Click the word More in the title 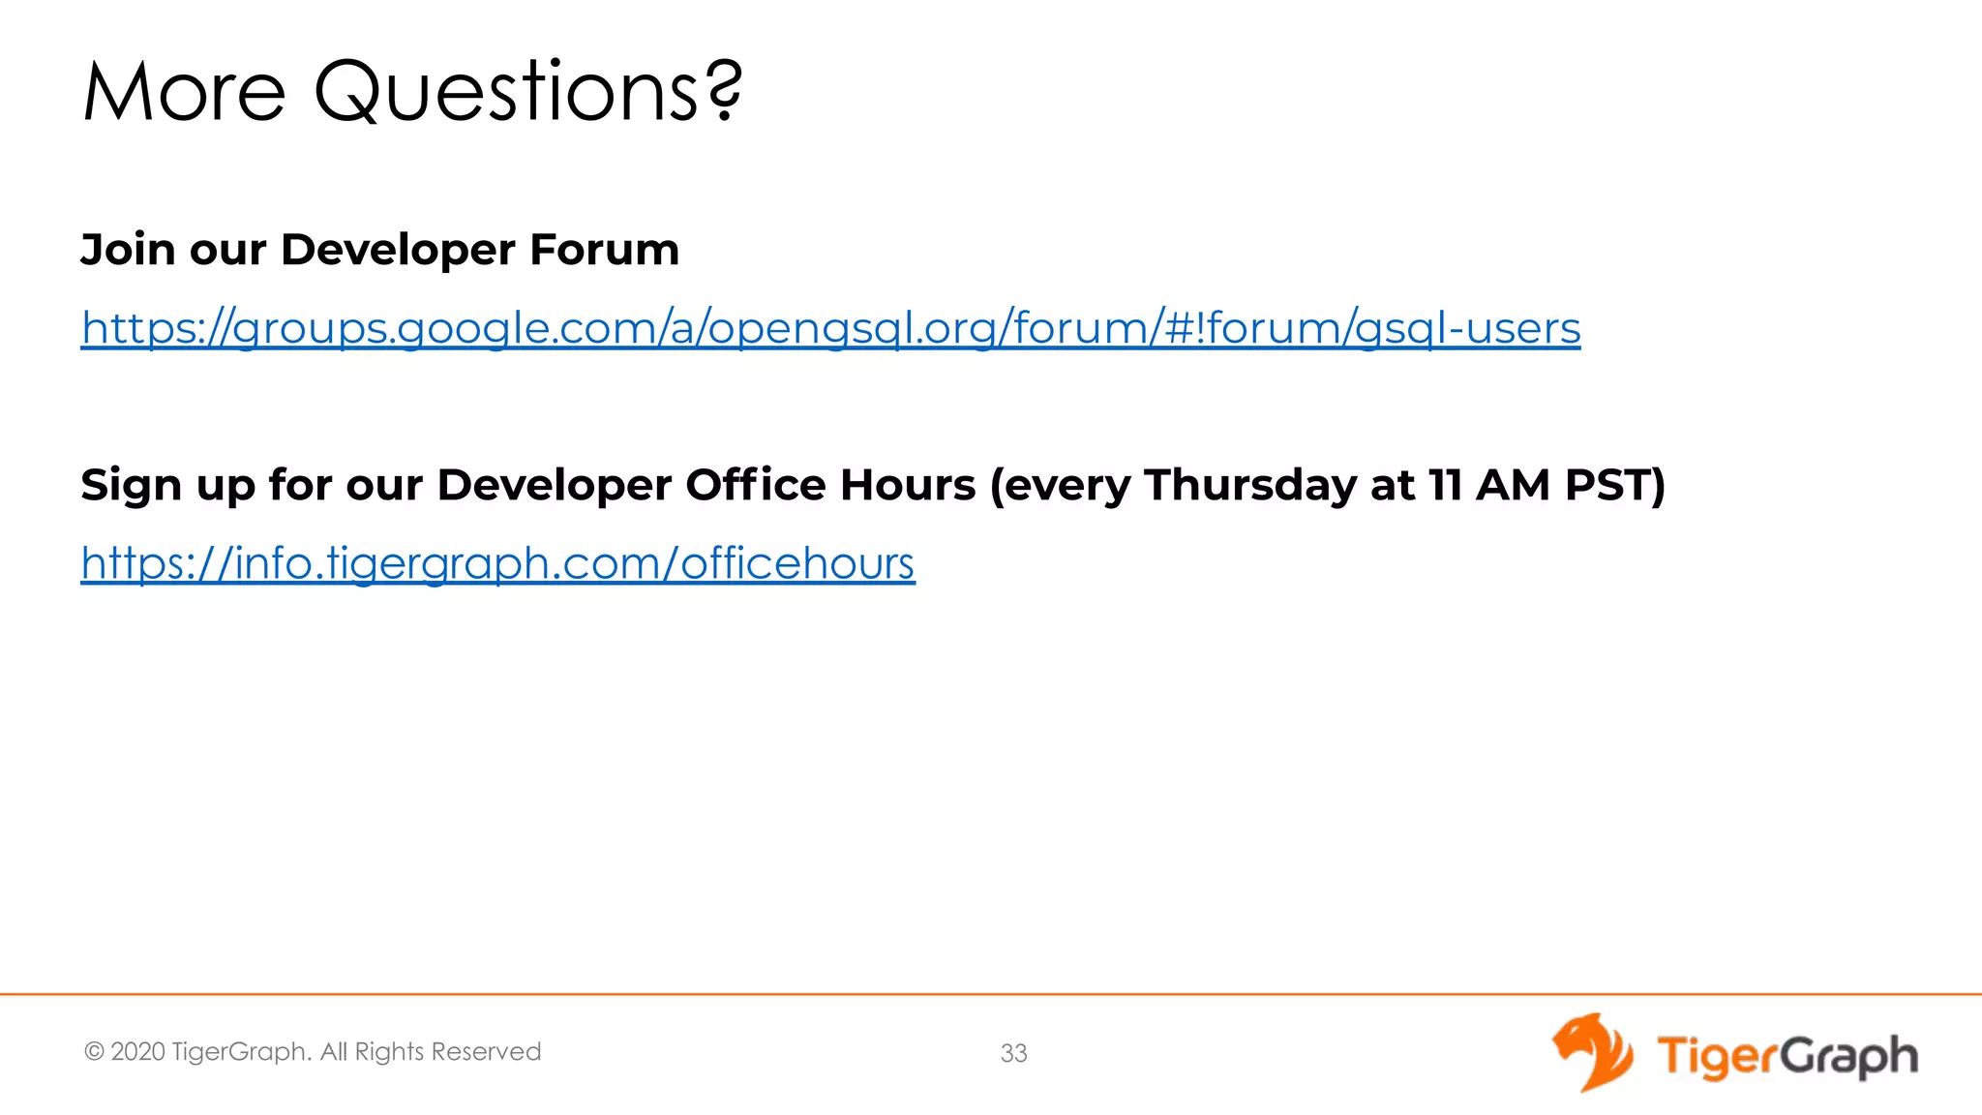pos(184,92)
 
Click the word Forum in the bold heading pos(604,250)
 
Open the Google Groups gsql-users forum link pos(830,328)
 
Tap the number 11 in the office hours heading pos(1445,485)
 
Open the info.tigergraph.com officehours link pos(497,563)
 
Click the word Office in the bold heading pos(756,485)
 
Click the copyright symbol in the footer pos(94,1052)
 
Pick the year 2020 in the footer pos(137,1052)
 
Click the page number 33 pos(1013,1053)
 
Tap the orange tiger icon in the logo pos(1591,1052)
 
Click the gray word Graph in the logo pos(1849,1056)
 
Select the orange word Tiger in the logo pos(1718,1055)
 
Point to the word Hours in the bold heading pos(907,485)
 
